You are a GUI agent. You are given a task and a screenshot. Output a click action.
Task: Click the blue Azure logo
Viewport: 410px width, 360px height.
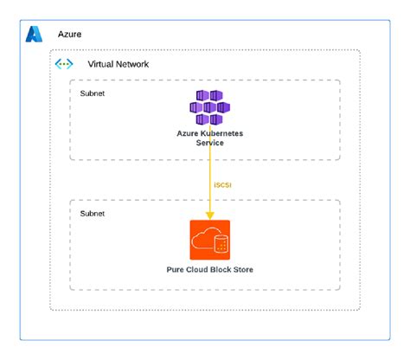point(34,35)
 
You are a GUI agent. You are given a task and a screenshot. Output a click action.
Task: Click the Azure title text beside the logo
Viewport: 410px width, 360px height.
point(70,35)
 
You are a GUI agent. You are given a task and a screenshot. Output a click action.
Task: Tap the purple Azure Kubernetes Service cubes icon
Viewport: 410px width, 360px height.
point(209,107)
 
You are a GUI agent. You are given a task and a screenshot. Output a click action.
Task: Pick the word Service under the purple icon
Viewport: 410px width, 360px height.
point(209,143)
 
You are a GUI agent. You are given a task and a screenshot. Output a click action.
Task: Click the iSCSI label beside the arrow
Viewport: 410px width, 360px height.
point(221,184)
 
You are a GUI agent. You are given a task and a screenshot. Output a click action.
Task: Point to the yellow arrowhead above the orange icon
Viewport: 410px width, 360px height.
point(209,215)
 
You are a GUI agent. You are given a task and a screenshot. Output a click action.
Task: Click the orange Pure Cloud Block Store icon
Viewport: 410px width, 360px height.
point(209,241)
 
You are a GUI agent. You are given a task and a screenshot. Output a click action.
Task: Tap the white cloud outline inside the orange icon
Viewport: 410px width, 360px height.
point(204,241)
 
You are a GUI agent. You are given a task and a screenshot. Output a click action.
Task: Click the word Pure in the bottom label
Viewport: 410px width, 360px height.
point(176,270)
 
